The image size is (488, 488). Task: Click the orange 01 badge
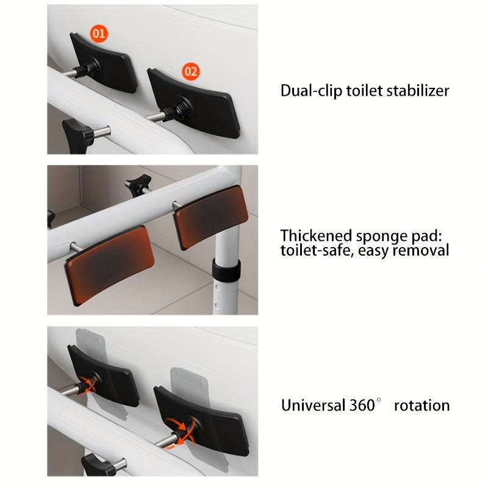pos(99,34)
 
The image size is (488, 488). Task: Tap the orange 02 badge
pos(191,71)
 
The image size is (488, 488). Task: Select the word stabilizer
pos(418,91)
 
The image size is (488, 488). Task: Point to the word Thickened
pos(316,235)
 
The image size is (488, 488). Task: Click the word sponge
pos(382,237)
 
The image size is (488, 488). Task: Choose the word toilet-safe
pos(317,251)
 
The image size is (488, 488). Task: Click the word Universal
pos(314,405)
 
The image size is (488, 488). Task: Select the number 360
pos(362,405)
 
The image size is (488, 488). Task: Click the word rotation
pos(422,406)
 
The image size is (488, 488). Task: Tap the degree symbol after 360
pos(379,400)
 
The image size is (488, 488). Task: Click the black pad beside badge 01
pos(104,64)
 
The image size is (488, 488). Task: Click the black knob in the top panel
pos(77,135)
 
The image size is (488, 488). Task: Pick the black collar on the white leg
pos(226,270)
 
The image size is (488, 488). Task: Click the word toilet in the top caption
pos(364,91)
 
